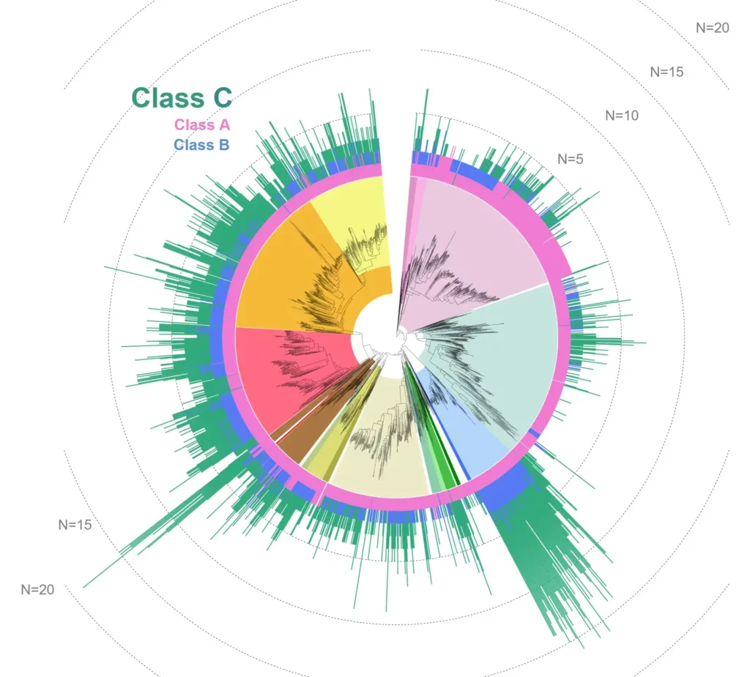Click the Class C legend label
coord(182,97)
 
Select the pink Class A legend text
coord(201,125)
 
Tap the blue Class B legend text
coord(201,145)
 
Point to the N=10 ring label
coord(621,115)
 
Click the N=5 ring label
coord(571,159)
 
